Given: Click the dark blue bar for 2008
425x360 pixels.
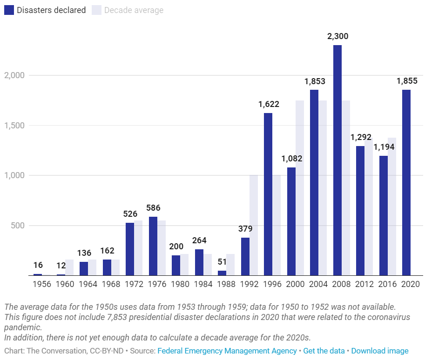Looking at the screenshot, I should (337, 160).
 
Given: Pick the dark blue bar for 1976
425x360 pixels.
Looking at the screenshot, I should (153, 246).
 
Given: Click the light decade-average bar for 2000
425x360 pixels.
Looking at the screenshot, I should (300, 188).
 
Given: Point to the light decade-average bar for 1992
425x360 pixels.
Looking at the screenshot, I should (254, 225).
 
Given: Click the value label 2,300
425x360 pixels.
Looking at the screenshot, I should (338, 36).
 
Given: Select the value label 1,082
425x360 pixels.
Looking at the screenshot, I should (292, 159).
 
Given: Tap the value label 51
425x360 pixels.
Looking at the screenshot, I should (222, 262).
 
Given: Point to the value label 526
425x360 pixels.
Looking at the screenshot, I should (130, 214).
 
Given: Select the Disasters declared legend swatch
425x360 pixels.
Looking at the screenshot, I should (9, 10).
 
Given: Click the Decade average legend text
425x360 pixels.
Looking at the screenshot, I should (134, 10).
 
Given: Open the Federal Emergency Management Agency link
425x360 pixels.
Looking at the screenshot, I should (227, 351).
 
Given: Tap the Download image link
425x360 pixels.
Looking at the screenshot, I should (380, 351).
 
